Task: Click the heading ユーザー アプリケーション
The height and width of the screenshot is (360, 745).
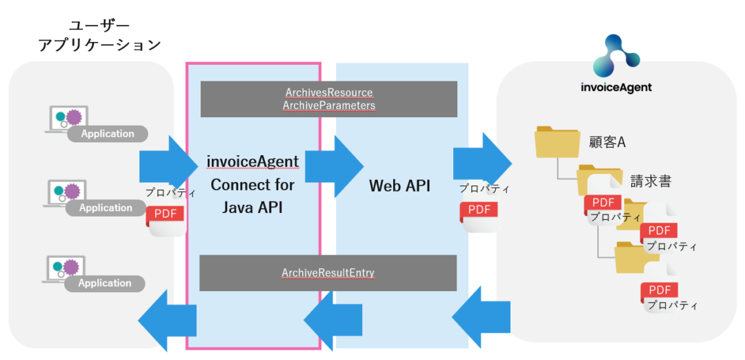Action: tap(99, 36)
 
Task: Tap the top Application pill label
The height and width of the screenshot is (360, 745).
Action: tap(108, 134)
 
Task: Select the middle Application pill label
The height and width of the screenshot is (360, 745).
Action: tap(106, 208)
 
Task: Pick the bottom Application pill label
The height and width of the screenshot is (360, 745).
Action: tap(105, 283)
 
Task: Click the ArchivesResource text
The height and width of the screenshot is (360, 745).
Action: tap(329, 92)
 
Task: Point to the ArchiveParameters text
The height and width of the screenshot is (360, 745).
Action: tap(329, 106)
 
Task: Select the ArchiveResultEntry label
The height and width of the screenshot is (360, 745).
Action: tap(328, 273)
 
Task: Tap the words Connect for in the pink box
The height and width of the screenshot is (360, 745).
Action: tap(252, 185)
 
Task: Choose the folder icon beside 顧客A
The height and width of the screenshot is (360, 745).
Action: tap(557, 142)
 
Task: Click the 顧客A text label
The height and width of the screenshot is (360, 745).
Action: tap(607, 143)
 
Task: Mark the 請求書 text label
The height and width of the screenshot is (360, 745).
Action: tap(650, 181)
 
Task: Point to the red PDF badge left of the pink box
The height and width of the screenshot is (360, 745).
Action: tap(166, 214)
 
